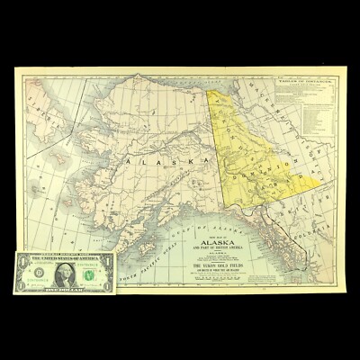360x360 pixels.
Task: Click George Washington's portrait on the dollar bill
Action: click(x=65, y=273)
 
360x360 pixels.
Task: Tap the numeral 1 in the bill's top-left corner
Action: click(x=20, y=257)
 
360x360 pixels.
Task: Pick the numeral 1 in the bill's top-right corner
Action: click(x=109, y=257)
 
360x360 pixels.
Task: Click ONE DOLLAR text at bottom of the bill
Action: click(x=65, y=291)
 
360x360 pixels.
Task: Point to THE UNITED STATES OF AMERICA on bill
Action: click(x=65, y=256)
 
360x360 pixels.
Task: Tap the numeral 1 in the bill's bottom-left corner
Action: click(x=20, y=288)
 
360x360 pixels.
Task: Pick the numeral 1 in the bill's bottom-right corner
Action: click(x=109, y=288)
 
